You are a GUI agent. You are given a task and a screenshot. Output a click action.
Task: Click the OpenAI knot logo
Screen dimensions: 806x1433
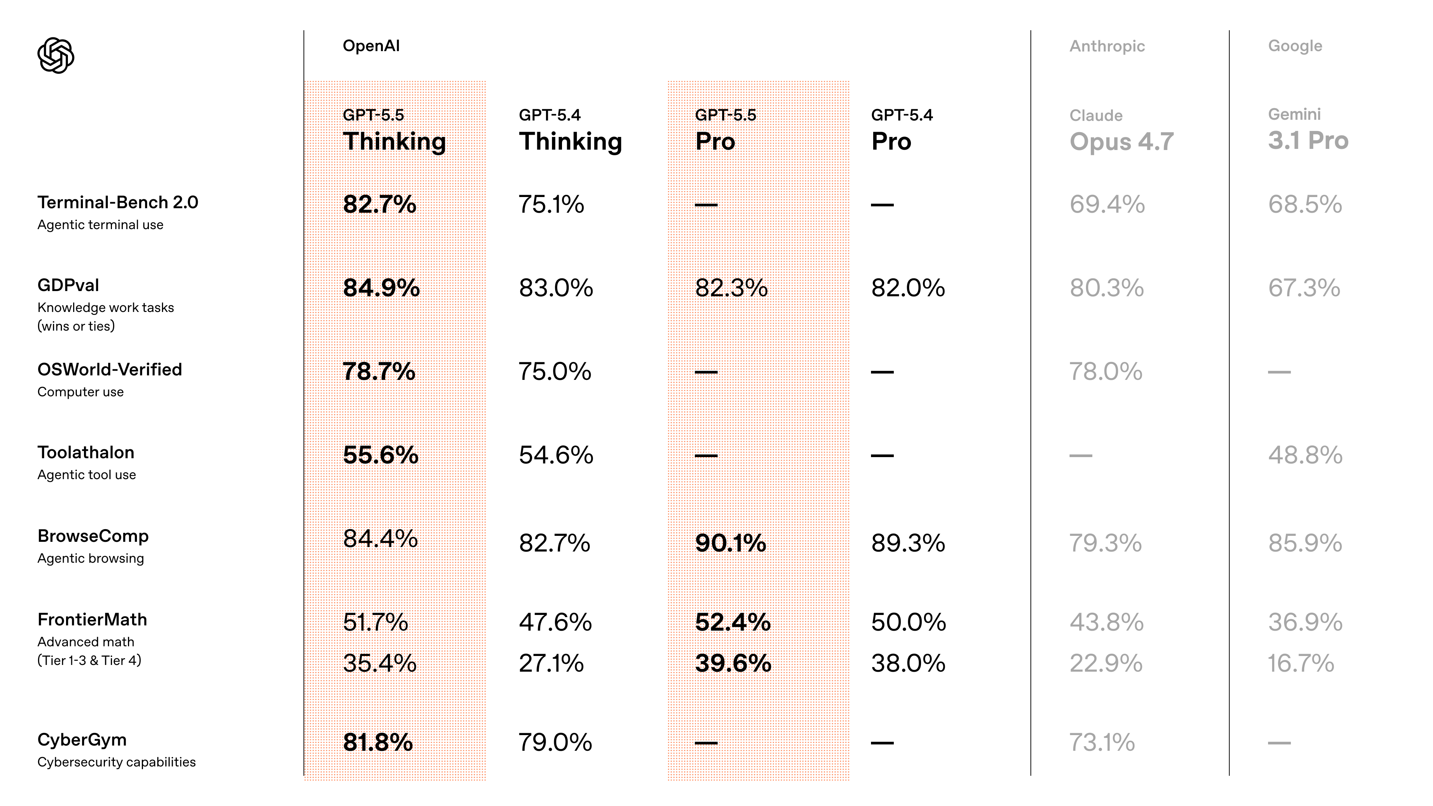[x=56, y=55]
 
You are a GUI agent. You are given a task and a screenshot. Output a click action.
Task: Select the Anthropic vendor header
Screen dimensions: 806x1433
[x=1106, y=46]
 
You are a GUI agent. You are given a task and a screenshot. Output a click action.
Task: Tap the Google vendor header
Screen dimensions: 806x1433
[x=1295, y=46]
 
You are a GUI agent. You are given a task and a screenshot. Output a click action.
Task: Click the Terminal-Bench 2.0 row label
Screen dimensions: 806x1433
[x=118, y=203]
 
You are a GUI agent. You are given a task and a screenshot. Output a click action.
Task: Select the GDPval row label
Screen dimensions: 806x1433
[x=68, y=285]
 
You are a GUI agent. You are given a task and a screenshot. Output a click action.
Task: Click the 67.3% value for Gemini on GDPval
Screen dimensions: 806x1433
[x=1304, y=288]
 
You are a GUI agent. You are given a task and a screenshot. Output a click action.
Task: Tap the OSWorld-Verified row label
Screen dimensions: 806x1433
[x=110, y=370]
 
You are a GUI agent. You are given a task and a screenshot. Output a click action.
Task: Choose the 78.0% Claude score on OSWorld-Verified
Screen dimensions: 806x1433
[x=1105, y=372]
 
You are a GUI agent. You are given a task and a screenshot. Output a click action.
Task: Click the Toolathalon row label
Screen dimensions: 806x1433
[x=86, y=453]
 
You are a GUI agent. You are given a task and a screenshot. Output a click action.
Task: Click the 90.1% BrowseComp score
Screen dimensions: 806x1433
[x=730, y=543]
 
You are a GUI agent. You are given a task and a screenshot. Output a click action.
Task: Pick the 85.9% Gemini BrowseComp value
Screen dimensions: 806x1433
[x=1305, y=543]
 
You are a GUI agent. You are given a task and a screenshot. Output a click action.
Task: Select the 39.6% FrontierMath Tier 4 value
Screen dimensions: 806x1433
[x=733, y=663]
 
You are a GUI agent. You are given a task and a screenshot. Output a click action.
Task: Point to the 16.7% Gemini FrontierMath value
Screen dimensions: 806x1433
[x=1301, y=663]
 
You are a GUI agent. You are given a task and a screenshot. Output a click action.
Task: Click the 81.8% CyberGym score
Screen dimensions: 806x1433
[x=378, y=743]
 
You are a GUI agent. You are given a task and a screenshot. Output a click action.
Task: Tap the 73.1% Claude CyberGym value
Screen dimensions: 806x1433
[x=1102, y=743]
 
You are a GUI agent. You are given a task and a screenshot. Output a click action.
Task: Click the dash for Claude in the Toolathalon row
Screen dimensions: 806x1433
[x=1080, y=456]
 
